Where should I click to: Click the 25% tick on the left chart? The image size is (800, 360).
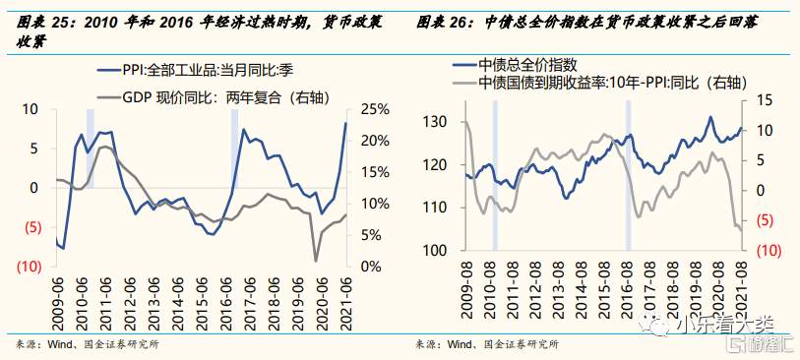(x=374, y=109)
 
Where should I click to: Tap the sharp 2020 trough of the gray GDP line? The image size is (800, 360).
(x=316, y=261)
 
